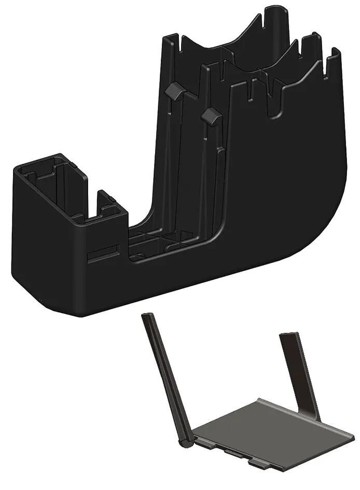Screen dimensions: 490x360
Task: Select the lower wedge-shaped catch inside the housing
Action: pyautogui.click(x=211, y=116)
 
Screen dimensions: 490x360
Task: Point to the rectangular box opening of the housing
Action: pyautogui.click(x=52, y=187)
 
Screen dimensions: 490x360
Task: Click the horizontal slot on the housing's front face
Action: pyautogui.click(x=104, y=254)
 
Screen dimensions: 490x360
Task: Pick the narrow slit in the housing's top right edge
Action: pyautogui.click(x=327, y=65)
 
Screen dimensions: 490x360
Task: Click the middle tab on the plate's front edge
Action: pyautogui.click(x=233, y=454)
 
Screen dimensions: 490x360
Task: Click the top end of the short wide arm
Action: pyautogui.click(x=288, y=336)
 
